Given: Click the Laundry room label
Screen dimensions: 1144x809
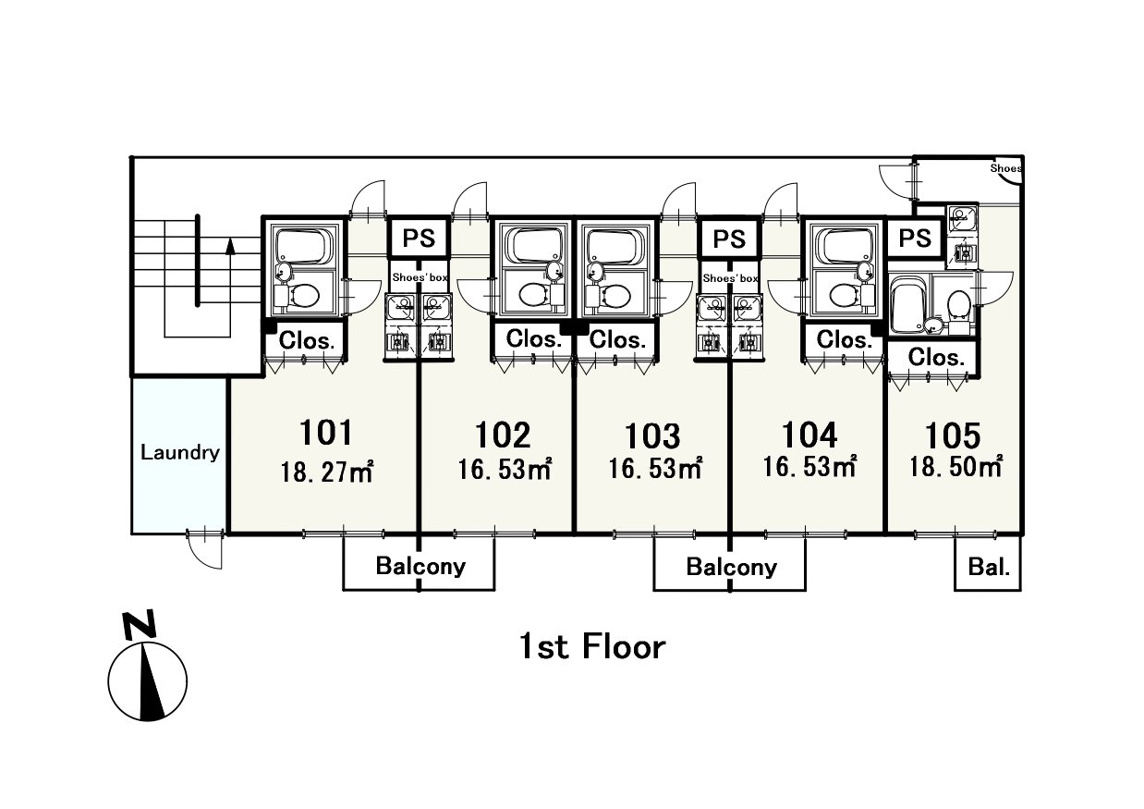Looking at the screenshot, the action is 180,453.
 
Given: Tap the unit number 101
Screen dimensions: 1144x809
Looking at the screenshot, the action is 326,433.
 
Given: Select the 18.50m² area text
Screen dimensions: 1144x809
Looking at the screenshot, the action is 956,467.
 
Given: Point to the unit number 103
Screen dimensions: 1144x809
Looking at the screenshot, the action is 652,435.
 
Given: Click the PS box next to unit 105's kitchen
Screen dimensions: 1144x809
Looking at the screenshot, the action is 915,239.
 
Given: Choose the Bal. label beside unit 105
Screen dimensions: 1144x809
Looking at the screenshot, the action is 990,568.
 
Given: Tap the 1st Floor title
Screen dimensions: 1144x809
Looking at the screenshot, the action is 592,647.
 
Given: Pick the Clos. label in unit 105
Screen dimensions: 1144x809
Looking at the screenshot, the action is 936,357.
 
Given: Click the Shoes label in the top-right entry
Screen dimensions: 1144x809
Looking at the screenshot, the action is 1005,167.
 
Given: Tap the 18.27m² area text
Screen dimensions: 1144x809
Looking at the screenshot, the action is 327,472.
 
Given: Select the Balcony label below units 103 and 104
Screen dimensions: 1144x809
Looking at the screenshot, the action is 731,567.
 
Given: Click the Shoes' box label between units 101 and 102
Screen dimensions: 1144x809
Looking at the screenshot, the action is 420,277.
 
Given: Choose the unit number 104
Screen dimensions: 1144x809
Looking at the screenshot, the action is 809,435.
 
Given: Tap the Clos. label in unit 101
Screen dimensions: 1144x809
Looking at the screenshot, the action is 307,341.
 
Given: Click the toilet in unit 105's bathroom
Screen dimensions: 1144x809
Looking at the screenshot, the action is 958,306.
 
